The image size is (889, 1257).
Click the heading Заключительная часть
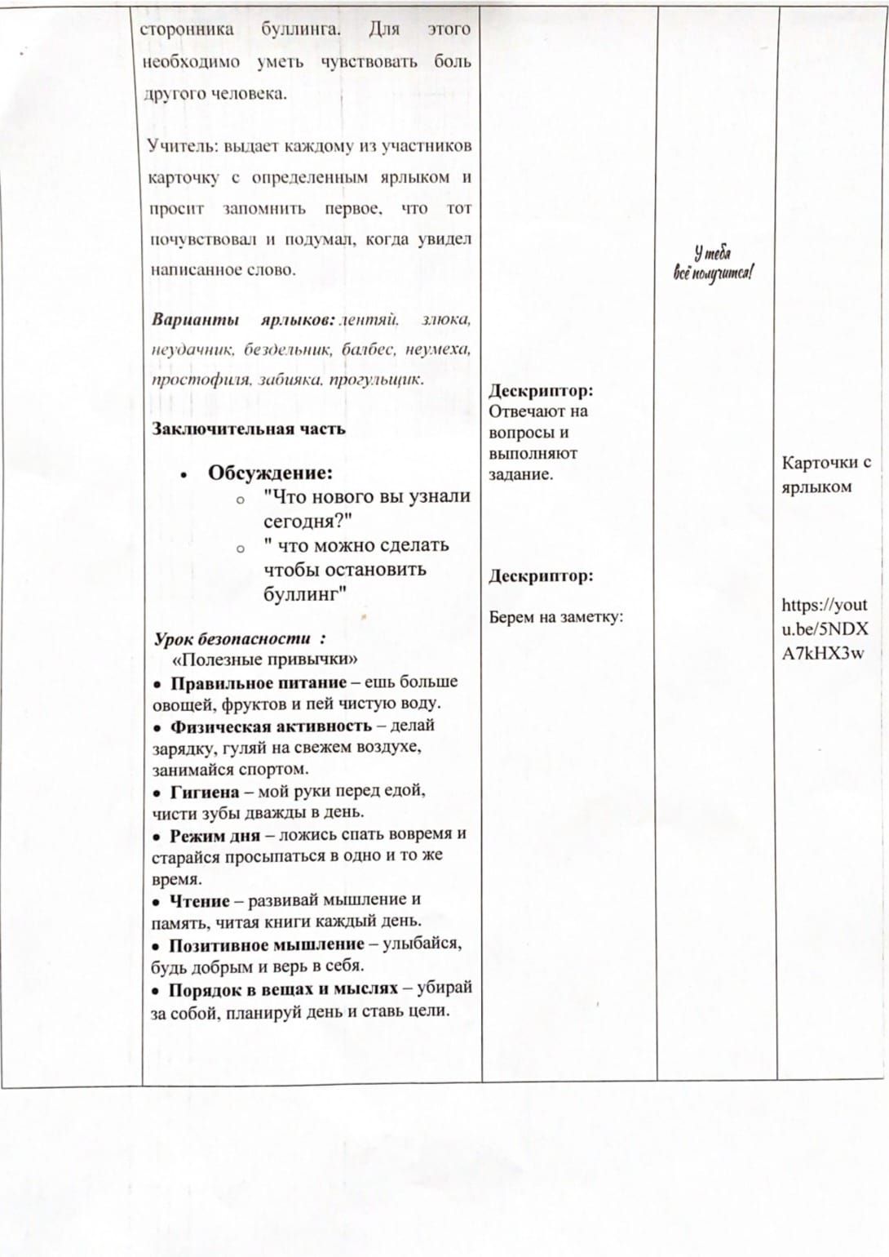tap(249, 429)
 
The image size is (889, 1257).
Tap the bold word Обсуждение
tap(270, 473)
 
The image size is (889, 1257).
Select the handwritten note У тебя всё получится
tap(713, 263)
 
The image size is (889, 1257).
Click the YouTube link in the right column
tap(824, 628)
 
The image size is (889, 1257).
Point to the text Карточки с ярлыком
tap(825, 474)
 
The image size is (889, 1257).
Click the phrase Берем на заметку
tap(555, 617)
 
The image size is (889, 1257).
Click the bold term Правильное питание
tap(258, 682)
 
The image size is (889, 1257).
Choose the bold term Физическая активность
tap(271, 726)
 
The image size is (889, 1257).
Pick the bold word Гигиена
tap(205, 792)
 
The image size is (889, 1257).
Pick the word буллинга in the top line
tap(297, 29)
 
